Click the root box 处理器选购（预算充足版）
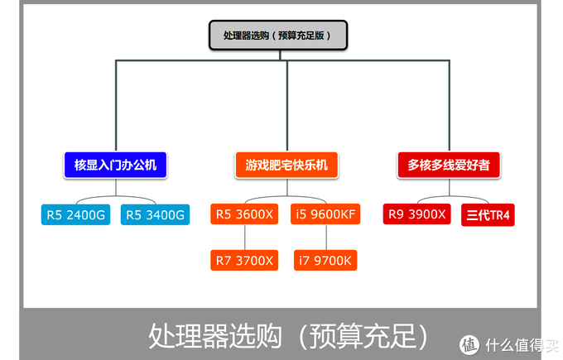tap(277, 36)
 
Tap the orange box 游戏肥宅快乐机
tap(286, 166)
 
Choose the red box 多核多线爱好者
tap(449, 166)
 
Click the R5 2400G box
tap(75, 215)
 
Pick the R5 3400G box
tap(155, 215)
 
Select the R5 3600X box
tap(244, 214)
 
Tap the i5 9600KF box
tap(325, 214)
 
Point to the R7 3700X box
tap(244, 260)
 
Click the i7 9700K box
tap(325, 260)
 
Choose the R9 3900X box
tap(416, 214)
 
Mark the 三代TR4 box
tap(488, 215)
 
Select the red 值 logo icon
tap(470, 343)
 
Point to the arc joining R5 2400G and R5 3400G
tap(115, 199)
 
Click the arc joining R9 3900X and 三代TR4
tap(453, 199)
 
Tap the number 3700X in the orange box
tap(255, 260)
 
